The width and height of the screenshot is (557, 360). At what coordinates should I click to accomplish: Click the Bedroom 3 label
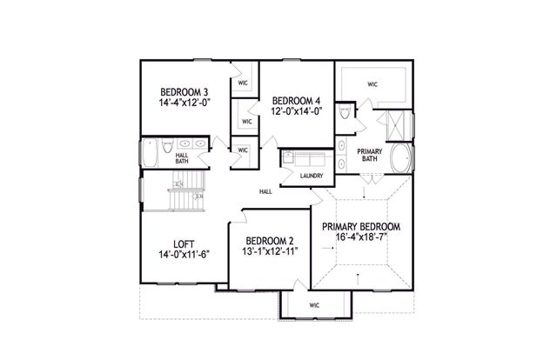pos(184,91)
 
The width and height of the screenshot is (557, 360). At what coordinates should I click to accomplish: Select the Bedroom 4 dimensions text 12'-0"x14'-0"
pos(297,110)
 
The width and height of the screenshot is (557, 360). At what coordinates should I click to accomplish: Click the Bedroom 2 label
pos(269,241)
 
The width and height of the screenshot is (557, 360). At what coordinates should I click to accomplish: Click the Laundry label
pos(312,176)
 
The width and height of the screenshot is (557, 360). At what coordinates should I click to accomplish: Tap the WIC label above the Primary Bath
pos(372,85)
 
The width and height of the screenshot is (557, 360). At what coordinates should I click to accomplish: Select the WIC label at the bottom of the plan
pos(315,305)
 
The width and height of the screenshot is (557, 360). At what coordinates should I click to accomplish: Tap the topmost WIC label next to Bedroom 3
pos(245,84)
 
